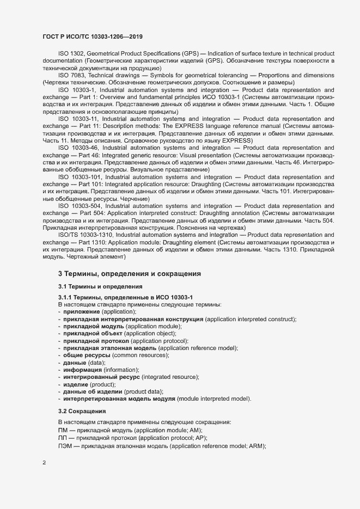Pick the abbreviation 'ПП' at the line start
62,438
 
